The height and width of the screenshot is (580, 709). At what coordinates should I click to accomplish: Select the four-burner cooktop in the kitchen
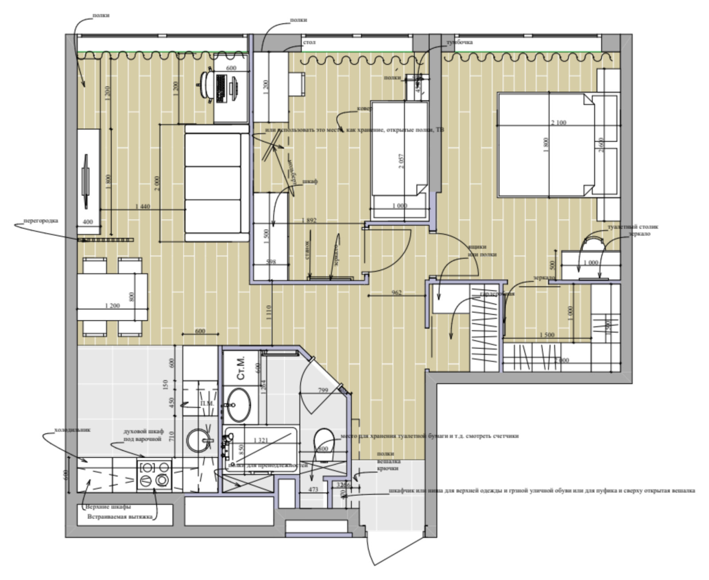click(x=154, y=474)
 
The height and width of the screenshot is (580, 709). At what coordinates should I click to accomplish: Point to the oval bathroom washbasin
click(x=238, y=405)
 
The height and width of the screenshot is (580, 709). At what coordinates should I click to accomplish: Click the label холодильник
click(x=72, y=429)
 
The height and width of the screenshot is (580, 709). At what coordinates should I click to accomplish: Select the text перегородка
click(x=40, y=220)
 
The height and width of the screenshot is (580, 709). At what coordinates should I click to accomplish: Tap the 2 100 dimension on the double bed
click(x=558, y=123)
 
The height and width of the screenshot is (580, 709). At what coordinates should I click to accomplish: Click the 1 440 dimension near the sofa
click(x=142, y=206)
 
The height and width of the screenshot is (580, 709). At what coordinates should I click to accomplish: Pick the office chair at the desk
click(x=206, y=84)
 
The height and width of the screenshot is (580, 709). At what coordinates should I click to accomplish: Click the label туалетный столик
click(x=633, y=227)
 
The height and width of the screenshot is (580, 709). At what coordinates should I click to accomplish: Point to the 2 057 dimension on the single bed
click(x=401, y=161)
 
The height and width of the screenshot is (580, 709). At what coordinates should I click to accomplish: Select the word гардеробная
click(x=497, y=294)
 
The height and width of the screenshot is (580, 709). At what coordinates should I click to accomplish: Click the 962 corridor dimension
click(x=397, y=292)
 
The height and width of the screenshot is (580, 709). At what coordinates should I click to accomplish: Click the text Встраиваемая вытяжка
click(x=120, y=517)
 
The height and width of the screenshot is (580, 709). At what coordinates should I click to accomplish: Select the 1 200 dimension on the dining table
click(x=112, y=305)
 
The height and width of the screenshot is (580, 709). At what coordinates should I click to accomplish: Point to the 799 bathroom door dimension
click(x=323, y=390)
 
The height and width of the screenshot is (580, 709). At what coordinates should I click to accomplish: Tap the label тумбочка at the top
click(x=459, y=43)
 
